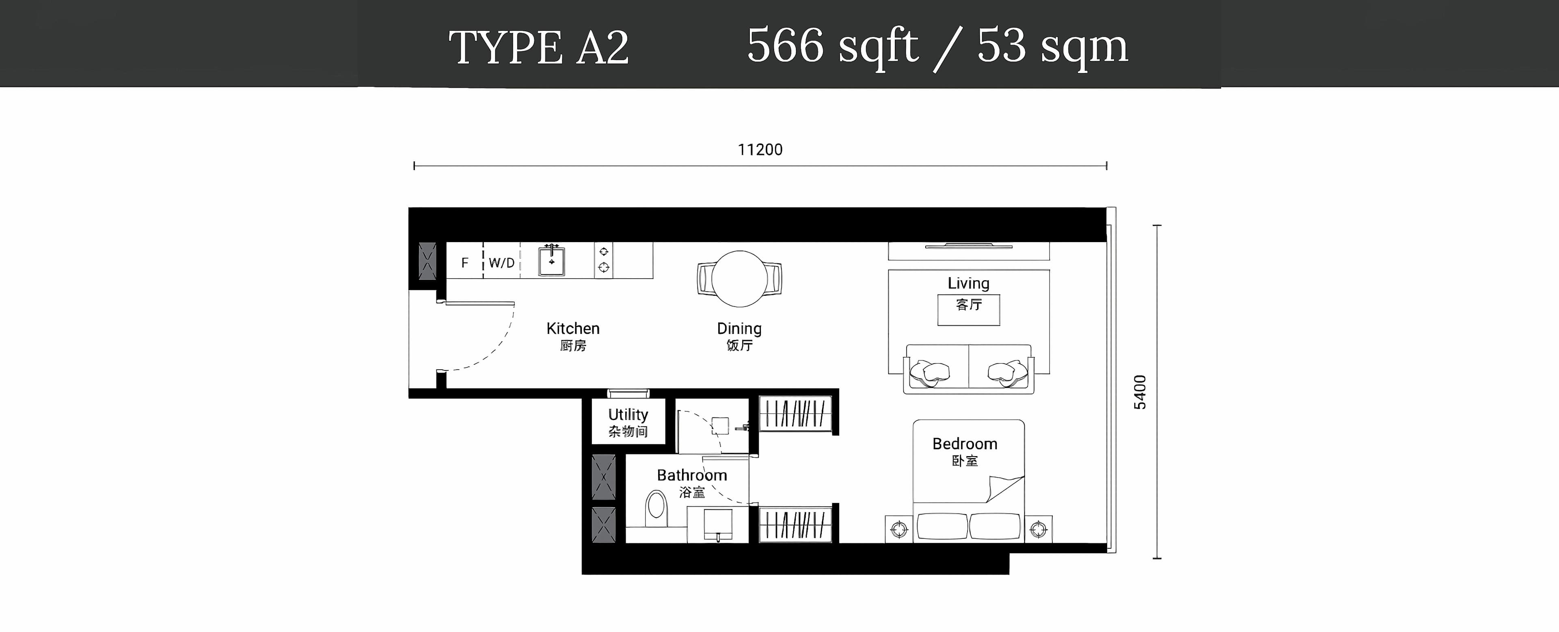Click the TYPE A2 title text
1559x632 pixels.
point(539,47)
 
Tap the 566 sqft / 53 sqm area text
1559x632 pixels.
point(937,47)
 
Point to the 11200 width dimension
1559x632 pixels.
point(760,149)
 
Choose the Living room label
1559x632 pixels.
point(968,284)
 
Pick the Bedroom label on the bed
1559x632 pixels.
point(965,444)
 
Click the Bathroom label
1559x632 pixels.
point(692,475)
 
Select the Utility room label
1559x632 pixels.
point(628,415)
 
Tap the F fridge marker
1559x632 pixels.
point(465,263)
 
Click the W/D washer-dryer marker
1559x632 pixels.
point(502,263)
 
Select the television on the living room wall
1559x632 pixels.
point(968,246)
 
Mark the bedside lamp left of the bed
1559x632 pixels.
point(899,530)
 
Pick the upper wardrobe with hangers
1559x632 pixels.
point(795,414)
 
